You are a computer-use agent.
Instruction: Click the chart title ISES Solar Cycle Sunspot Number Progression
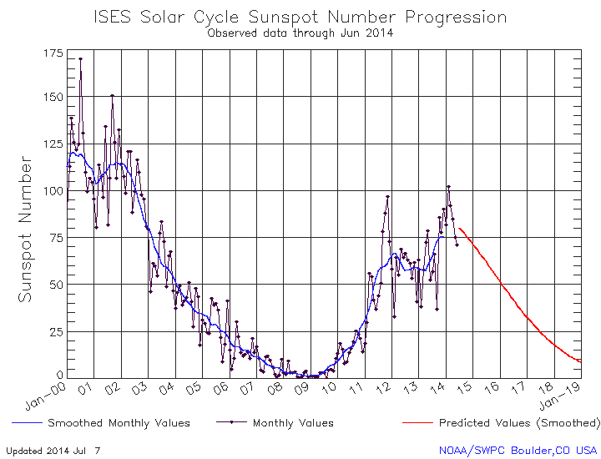coord(300,17)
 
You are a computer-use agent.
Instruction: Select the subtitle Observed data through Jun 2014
coord(300,33)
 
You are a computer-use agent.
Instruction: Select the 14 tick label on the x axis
coord(440,388)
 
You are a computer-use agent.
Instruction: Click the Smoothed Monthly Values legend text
coord(119,423)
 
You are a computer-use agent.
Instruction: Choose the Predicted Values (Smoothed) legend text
coord(518,423)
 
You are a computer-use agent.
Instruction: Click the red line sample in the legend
coord(417,423)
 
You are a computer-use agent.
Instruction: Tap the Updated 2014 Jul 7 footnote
coord(52,450)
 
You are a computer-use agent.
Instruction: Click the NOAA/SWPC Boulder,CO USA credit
coord(518,450)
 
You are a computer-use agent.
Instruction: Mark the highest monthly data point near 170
coord(80,59)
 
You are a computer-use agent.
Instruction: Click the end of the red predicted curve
coord(580,361)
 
